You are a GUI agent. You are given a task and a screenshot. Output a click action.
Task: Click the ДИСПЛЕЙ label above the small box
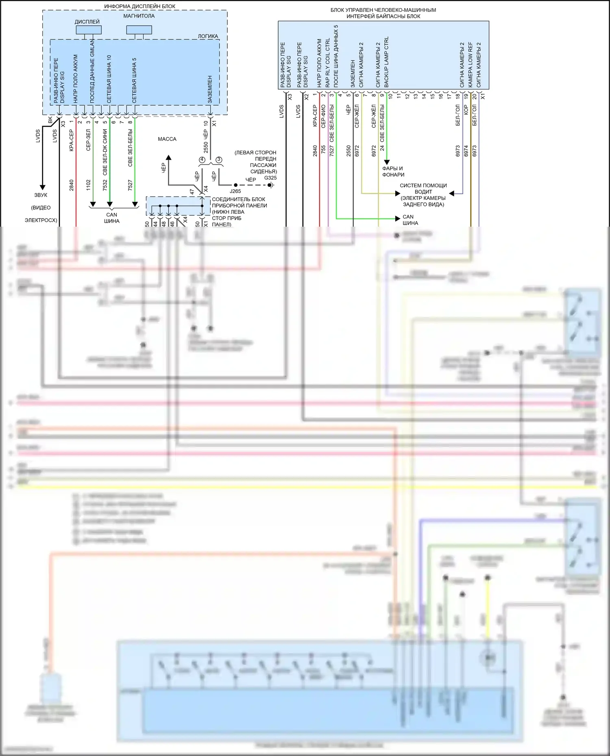click(x=87, y=22)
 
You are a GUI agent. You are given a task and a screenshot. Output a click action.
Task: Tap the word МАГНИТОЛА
click(x=139, y=16)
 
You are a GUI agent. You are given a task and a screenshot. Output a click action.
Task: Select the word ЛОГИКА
click(x=208, y=36)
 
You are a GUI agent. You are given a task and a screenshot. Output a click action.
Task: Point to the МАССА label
click(x=167, y=139)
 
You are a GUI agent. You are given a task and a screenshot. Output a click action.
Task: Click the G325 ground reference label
click(x=270, y=178)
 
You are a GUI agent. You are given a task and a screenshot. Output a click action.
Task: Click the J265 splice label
click(x=235, y=191)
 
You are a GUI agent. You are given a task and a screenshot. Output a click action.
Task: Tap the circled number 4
click(x=202, y=160)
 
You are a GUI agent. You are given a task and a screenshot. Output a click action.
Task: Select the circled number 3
click(x=219, y=160)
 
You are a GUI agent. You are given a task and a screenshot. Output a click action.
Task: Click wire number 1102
click(x=88, y=185)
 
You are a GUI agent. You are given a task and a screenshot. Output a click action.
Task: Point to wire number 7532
click(x=105, y=185)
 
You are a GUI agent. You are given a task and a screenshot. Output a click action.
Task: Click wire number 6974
click(x=466, y=151)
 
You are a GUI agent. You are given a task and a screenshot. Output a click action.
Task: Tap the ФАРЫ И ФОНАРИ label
click(x=393, y=171)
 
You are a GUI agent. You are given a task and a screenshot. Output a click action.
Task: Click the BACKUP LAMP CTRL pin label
click(x=386, y=62)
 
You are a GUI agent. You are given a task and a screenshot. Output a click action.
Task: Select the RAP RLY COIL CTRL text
click(x=328, y=63)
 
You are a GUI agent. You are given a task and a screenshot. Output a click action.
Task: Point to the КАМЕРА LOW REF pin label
click(x=471, y=64)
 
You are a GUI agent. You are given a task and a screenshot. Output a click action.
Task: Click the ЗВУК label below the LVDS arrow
click(x=41, y=195)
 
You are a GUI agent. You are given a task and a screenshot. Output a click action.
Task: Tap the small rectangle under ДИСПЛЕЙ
click(x=88, y=30)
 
